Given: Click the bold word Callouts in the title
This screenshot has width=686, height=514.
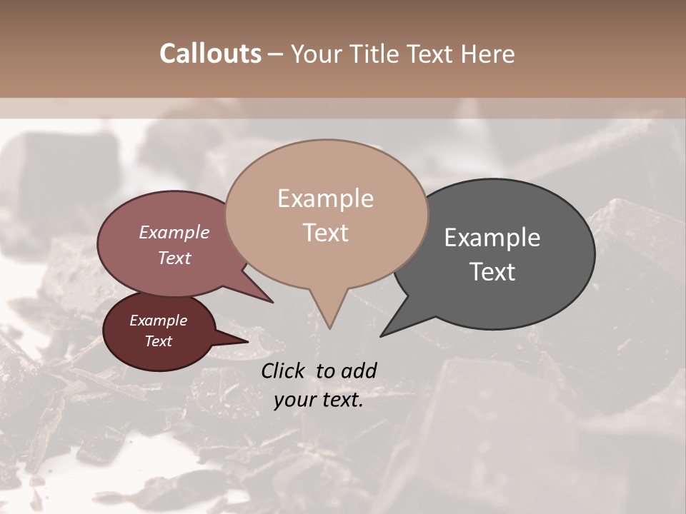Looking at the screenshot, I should (x=210, y=54).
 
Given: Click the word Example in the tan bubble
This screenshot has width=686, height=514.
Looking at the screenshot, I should (x=325, y=198).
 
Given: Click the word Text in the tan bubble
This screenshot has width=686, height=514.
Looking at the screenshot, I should (x=325, y=233).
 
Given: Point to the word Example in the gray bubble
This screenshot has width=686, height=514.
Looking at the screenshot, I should (x=492, y=237).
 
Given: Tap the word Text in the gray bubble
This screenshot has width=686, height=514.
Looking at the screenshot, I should (x=492, y=272).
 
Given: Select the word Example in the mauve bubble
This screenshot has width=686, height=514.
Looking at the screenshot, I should (x=174, y=232).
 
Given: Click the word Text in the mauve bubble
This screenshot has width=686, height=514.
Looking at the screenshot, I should (x=174, y=258).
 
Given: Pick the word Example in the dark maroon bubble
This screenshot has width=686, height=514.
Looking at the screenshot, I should (x=158, y=321).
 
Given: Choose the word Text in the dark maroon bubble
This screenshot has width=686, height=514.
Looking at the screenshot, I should (x=158, y=341).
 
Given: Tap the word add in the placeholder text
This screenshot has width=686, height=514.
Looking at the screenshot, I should (x=359, y=371).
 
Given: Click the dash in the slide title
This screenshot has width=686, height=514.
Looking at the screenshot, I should (x=276, y=54).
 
